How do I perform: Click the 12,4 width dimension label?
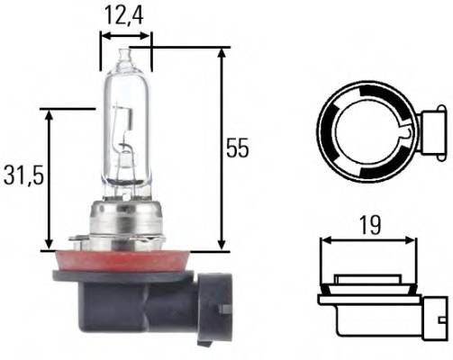(x=125, y=14)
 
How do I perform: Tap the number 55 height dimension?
(x=237, y=148)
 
